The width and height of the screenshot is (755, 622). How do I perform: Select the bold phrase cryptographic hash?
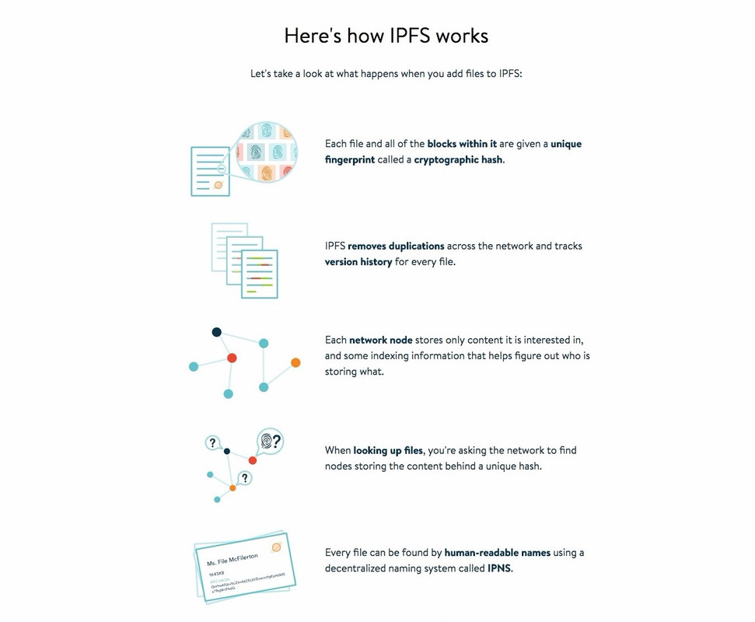[x=458, y=159]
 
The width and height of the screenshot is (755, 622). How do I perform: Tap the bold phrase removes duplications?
[x=396, y=246]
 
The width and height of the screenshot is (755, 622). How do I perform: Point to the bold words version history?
[x=358, y=262]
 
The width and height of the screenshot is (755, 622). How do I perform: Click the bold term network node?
[x=380, y=340]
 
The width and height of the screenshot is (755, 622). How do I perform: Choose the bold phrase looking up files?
[x=388, y=450]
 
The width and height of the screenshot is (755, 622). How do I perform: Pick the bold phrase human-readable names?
[x=497, y=553]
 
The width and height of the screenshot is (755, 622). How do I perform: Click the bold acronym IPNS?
[x=499, y=568]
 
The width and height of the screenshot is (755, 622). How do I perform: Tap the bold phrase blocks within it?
[x=462, y=144]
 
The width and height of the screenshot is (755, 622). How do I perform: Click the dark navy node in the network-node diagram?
[x=217, y=332]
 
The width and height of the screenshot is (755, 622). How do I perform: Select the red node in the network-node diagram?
[x=232, y=358]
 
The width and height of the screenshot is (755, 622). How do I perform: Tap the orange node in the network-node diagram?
[x=295, y=362]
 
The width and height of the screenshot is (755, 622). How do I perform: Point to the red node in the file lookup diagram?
[x=253, y=461]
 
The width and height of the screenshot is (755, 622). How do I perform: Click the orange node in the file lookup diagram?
[x=232, y=487]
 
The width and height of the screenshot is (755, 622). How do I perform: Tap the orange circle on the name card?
[x=276, y=547]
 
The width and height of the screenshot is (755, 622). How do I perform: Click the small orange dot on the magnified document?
[x=218, y=185]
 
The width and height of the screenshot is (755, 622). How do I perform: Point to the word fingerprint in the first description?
[x=349, y=159]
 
